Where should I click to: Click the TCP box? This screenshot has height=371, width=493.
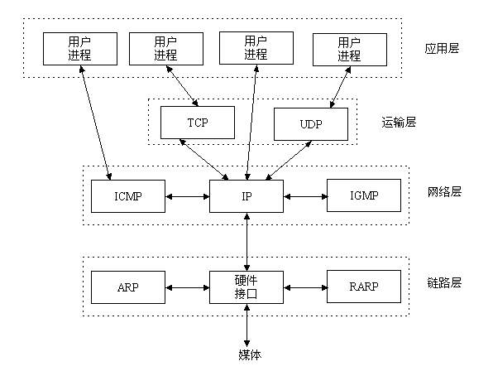click(x=196, y=123)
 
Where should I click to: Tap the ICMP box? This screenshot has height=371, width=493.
click(x=127, y=196)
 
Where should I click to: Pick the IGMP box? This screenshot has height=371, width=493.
click(x=364, y=196)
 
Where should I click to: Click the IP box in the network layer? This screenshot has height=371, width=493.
click(x=246, y=196)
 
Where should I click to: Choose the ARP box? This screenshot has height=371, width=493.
click(x=127, y=287)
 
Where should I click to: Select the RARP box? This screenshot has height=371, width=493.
click(x=364, y=287)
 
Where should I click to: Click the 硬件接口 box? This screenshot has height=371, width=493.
click(x=246, y=287)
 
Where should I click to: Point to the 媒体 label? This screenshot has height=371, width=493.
click(x=246, y=355)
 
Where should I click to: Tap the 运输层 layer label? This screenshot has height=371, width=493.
click(x=400, y=122)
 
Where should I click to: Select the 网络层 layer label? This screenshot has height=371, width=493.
click(x=445, y=192)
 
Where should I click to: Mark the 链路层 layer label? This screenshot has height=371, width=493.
click(x=445, y=283)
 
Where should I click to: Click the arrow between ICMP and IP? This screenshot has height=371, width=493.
click(x=187, y=197)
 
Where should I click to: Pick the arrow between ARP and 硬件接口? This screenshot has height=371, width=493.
click(x=187, y=288)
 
